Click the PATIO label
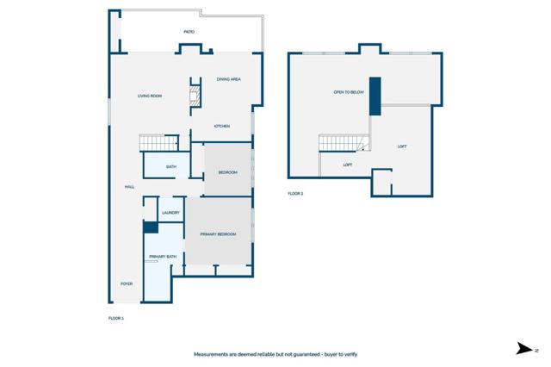point(189,32)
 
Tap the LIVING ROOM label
point(150,96)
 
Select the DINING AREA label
point(228,79)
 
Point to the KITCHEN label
point(222,127)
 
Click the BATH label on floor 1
point(171,166)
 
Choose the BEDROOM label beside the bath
point(227,172)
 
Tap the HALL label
point(129,187)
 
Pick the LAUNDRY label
point(170,213)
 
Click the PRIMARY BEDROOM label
point(218,234)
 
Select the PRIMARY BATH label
point(162,257)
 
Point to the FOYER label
point(127,283)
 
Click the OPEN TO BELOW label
point(349,91)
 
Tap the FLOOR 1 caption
point(116,319)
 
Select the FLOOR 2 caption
point(295,194)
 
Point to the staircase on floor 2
point(342,142)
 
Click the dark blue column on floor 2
point(375,96)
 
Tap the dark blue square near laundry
point(151,228)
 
